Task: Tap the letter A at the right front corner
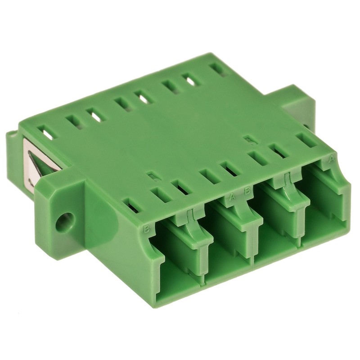pyautogui.click(x=332, y=158)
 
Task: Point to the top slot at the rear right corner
pyautogui.click(x=219, y=68)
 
